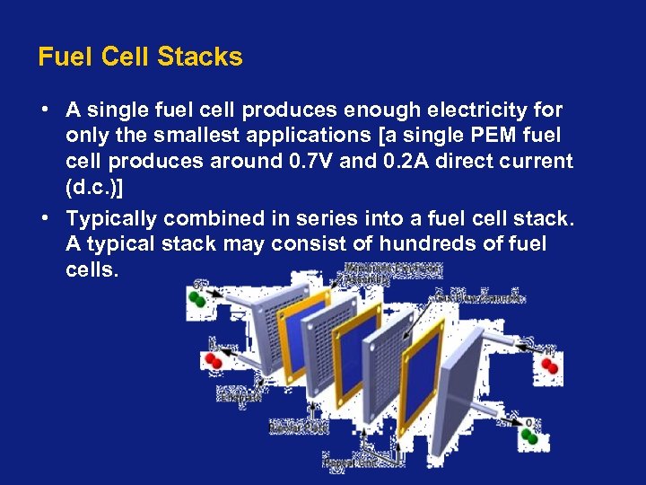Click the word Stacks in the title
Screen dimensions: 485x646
[199, 57]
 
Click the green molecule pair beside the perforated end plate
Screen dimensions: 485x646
[203, 298]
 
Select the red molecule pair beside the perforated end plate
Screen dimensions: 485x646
[213, 360]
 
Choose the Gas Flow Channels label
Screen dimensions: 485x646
[480, 297]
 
